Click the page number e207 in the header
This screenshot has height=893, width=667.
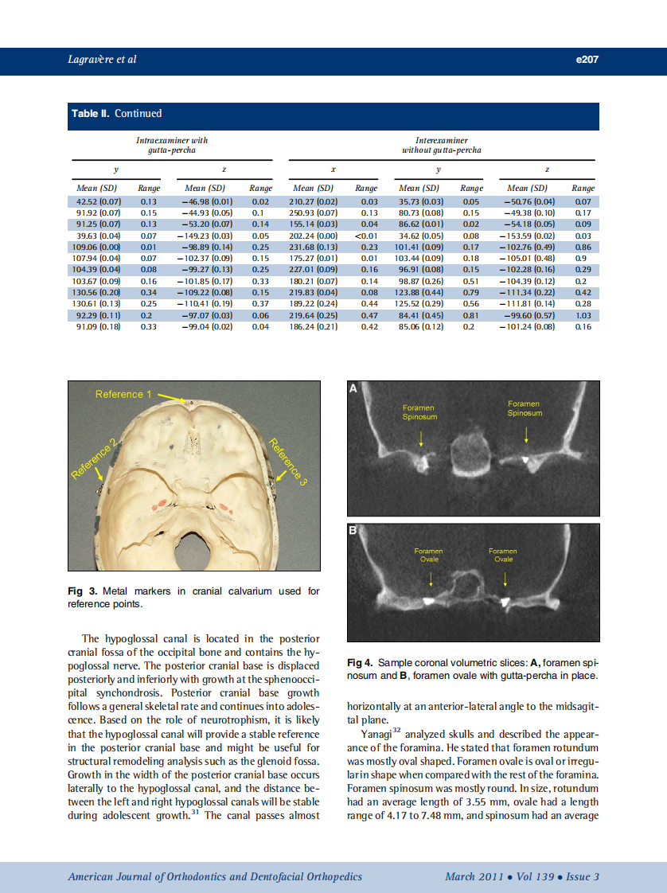(x=586, y=60)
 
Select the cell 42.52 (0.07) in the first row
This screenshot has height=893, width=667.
(x=97, y=202)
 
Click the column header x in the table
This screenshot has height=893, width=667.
(x=333, y=169)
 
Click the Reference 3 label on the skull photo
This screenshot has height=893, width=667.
(x=287, y=462)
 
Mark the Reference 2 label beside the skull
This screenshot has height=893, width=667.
(x=94, y=459)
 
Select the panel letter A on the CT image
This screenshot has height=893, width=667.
(x=354, y=388)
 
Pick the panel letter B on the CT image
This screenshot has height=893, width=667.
(x=354, y=531)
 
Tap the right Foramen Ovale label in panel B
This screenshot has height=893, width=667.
(x=502, y=555)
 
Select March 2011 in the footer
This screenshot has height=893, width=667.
(x=474, y=876)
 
